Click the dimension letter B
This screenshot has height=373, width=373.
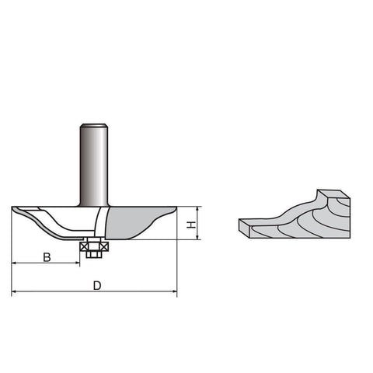tap(47, 257)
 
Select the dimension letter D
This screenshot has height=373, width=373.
tap(97, 286)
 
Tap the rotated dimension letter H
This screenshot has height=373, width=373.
tap(191, 225)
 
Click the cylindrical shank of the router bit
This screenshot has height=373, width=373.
tap(94, 166)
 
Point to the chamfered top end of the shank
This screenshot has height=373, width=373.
tap(94, 126)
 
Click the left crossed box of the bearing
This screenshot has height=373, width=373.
tap(84, 247)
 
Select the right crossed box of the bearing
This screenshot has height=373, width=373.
tap(105, 247)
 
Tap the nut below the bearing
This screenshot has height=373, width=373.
tap(93, 254)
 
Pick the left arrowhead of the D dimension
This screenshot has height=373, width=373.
tap(14, 291)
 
